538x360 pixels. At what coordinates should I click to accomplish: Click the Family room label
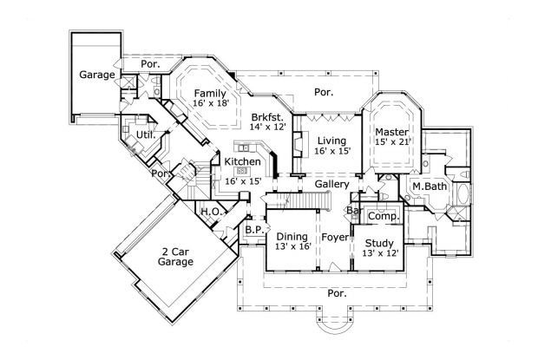[209, 93]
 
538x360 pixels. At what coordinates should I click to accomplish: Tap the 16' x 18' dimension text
[209, 103]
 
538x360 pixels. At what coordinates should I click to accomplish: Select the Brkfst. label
[266, 116]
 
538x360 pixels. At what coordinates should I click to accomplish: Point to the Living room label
[332, 140]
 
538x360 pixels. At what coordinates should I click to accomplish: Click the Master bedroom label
[391, 131]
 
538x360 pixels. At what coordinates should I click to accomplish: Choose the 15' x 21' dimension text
[391, 141]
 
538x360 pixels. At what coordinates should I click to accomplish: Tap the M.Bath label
[429, 187]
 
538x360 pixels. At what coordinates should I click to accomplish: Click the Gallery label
[332, 185]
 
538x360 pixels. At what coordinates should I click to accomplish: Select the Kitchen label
[242, 161]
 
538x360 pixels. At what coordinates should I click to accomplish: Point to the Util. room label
[144, 135]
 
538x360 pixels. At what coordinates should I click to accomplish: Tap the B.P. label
[253, 230]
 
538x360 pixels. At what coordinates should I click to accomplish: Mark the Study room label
[379, 243]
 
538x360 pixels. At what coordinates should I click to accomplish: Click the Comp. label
[383, 216]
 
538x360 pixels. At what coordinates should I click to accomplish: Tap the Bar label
[354, 211]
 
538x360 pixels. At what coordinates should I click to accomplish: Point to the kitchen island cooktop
[244, 147]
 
